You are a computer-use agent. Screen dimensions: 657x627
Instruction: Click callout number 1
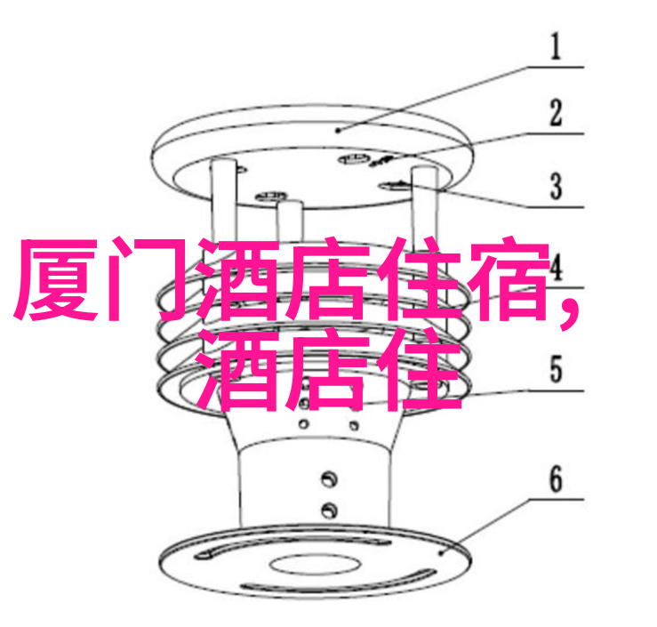click(556, 46)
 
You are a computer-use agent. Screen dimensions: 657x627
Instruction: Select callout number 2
click(556, 112)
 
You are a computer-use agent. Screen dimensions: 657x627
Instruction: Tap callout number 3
click(556, 186)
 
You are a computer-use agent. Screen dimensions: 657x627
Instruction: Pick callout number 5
click(556, 369)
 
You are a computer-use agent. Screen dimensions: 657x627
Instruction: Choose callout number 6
click(556, 478)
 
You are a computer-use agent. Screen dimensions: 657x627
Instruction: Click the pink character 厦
click(56, 280)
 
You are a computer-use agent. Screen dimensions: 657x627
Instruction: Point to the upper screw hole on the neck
click(329, 478)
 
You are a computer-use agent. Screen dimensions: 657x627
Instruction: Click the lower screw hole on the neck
click(329, 510)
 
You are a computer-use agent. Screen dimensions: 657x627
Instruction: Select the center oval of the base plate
click(314, 564)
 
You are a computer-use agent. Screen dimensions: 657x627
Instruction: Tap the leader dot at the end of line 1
click(341, 131)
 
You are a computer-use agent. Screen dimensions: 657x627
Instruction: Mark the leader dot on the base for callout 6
click(441, 553)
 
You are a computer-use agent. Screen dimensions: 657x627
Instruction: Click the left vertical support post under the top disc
click(224, 201)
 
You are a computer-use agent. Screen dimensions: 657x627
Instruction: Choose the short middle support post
click(289, 222)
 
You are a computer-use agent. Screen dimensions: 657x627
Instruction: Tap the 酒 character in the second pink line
click(236, 370)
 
